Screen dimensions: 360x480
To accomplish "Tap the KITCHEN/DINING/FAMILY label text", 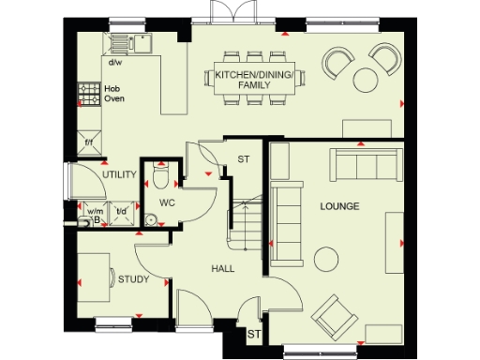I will [253, 80].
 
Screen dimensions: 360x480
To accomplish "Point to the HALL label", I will [222, 269].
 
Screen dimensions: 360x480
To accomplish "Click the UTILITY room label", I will [120, 175].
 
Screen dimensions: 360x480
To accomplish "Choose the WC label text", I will [168, 202].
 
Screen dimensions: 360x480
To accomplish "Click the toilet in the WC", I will [161, 176].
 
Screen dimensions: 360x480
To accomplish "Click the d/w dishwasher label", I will [115, 64].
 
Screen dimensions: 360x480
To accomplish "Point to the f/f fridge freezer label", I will [89, 142].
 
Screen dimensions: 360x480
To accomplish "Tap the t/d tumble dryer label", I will [121, 211].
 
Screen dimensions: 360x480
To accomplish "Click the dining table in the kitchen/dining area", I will [254, 81].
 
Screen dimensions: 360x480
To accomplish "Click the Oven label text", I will [114, 97].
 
